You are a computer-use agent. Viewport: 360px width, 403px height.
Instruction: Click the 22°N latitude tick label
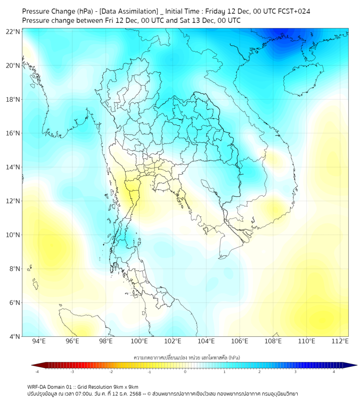(13, 31)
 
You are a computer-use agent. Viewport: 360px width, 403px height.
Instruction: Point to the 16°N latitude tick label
(13, 133)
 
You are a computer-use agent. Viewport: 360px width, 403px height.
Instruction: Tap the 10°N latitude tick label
(13, 235)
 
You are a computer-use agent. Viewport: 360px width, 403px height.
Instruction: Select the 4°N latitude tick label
(14, 336)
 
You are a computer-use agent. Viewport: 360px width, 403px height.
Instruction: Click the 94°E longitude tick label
(39, 341)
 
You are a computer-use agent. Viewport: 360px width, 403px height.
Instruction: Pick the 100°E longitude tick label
(140, 341)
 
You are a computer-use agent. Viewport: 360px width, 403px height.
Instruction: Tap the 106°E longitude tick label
(240, 341)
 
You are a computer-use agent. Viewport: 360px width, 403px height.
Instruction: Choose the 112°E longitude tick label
(340, 341)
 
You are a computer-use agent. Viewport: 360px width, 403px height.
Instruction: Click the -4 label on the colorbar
(37, 372)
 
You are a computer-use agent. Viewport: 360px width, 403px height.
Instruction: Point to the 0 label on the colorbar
(185, 372)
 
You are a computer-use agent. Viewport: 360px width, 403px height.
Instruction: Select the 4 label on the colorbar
(334, 372)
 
